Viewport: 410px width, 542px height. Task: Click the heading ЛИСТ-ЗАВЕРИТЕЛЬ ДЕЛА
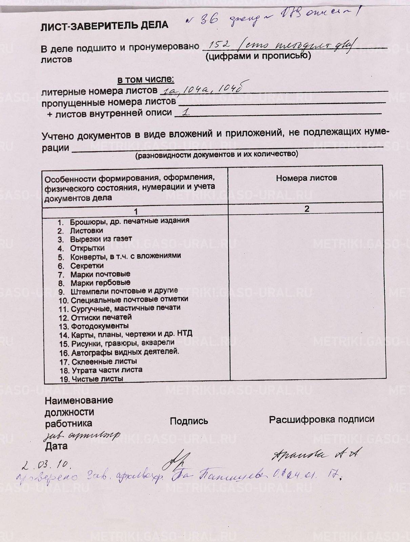pos(104,26)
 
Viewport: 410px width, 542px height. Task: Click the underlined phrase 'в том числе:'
pos(146,80)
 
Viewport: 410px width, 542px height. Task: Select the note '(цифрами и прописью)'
pos(258,56)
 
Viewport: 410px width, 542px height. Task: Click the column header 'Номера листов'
pos(306,178)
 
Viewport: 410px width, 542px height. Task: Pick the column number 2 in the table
pos(307,209)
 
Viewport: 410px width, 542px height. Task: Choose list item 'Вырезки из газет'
pos(101,239)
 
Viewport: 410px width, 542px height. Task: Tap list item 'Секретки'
pos(87,266)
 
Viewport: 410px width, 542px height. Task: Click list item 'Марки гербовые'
pos(100,283)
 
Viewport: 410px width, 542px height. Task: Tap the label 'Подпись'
pos(189,421)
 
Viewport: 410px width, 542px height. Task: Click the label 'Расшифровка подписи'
pos(322,419)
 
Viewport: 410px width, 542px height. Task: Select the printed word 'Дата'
pos(56,446)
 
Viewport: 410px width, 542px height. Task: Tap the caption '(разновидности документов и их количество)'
pos(217,155)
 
